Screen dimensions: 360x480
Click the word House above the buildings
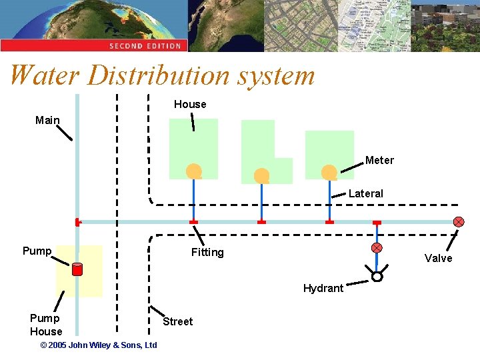tap(190, 104)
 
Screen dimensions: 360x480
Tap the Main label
tap(47, 121)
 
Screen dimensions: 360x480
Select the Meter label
tap(379, 161)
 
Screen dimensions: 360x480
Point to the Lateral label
tap(366, 194)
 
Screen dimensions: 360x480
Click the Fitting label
tap(207, 253)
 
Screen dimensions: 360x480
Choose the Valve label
tap(438, 259)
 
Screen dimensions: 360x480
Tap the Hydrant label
tap(323, 289)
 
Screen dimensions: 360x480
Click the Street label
tap(178, 321)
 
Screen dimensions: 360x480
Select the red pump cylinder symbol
tap(77, 269)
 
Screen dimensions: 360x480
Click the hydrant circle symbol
tap(377, 277)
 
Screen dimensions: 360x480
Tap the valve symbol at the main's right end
tap(459, 222)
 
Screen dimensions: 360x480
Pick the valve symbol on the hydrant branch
tap(377, 247)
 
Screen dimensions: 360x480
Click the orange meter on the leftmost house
tap(193, 171)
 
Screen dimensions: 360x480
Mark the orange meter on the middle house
tap(261, 175)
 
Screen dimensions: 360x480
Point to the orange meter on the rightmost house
tap(329, 173)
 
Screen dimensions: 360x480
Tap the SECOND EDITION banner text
tap(145, 46)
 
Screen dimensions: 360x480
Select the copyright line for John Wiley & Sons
tap(99, 345)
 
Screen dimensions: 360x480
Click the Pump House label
tap(46, 325)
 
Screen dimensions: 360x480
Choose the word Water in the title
tap(45, 75)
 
